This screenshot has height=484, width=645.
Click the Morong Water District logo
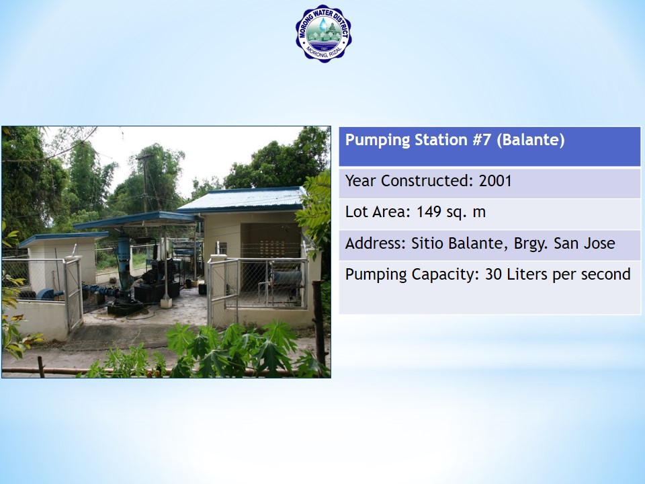(323, 34)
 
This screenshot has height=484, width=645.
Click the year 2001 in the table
(495, 181)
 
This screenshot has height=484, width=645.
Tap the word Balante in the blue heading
(530, 140)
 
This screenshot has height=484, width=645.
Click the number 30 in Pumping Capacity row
(493, 274)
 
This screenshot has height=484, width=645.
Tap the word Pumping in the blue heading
(377, 140)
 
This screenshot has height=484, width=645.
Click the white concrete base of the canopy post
(166, 303)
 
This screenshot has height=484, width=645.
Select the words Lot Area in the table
(378, 212)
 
